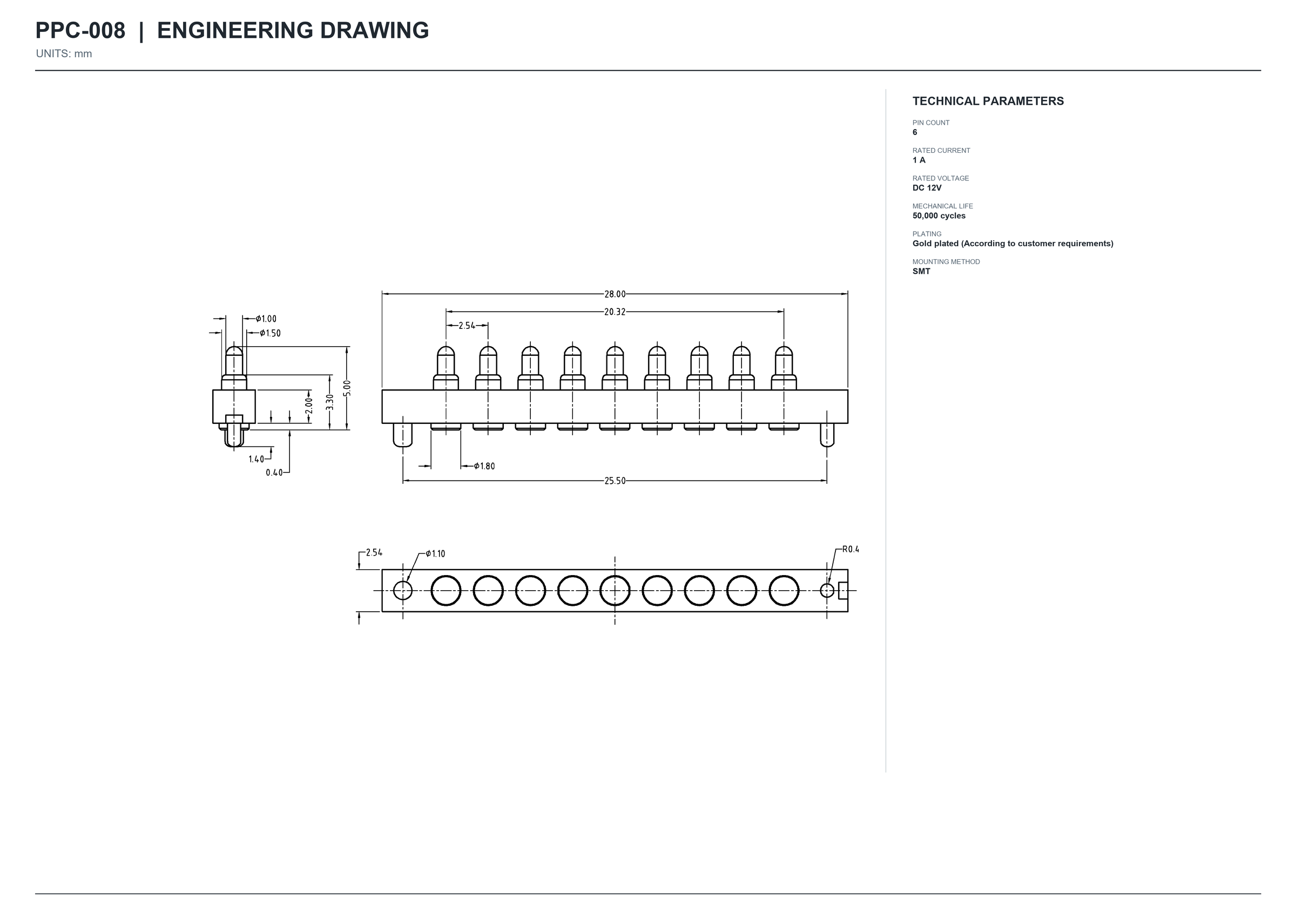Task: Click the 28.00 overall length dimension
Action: click(615, 294)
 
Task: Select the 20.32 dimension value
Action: click(615, 312)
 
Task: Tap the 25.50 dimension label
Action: click(615, 481)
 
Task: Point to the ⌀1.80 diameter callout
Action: click(484, 466)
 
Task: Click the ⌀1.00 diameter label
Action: click(266, 319)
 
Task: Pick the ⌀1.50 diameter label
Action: click(270, 333)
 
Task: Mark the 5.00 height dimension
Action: click(347, 388)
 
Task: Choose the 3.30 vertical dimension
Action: click(329, 402)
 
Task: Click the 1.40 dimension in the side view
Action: click(256, 459)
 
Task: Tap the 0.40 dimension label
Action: click(274, 473)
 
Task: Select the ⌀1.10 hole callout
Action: click(435, 553)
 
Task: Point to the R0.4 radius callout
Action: click(850, 549)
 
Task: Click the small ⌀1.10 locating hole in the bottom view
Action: click(402, 590)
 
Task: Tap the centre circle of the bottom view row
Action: click(615, 576)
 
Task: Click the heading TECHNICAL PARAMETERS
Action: click(988, 101)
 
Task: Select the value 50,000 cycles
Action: click(939, 216)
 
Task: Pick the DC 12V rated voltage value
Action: click(927, 188)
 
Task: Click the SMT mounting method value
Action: click(921, 271)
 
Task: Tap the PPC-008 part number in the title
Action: click(80, 31)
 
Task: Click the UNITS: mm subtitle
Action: click(64, 53)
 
